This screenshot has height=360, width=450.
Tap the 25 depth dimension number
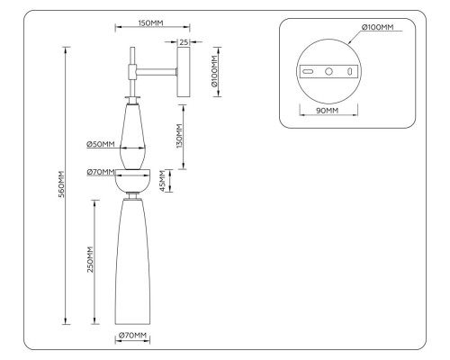184,41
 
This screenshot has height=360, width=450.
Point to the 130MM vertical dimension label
180,136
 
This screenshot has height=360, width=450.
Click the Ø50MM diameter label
100,144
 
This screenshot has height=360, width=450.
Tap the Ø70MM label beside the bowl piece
100,172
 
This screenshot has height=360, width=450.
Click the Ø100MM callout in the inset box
377,28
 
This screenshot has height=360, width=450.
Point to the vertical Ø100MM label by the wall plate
213,71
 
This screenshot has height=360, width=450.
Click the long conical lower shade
133,261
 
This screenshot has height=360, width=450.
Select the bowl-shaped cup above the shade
133,181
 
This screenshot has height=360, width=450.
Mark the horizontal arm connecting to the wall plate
158,69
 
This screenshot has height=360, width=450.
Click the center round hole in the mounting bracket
328,70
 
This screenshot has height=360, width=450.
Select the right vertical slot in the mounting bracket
349,70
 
